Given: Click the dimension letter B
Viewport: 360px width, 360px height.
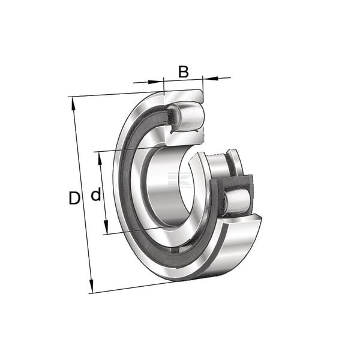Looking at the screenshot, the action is pyautogui.click(x=184, y=71).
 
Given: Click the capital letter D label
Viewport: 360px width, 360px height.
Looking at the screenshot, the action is pyautogui.click(x=74, y=198).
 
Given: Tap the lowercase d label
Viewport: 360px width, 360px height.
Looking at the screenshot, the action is pyautogui.click(x=96, y=194).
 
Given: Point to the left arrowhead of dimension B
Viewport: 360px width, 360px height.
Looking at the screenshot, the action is pyautogui.click(x=155, y=82).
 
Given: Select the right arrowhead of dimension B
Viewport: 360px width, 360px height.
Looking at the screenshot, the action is pyautogui.click(x=211, y=78).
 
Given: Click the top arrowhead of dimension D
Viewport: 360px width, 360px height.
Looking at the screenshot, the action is pyautogui.click(x=74, y=104).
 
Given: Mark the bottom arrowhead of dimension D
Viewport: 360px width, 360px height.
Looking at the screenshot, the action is pyautogui.click(x=91, y=286).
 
